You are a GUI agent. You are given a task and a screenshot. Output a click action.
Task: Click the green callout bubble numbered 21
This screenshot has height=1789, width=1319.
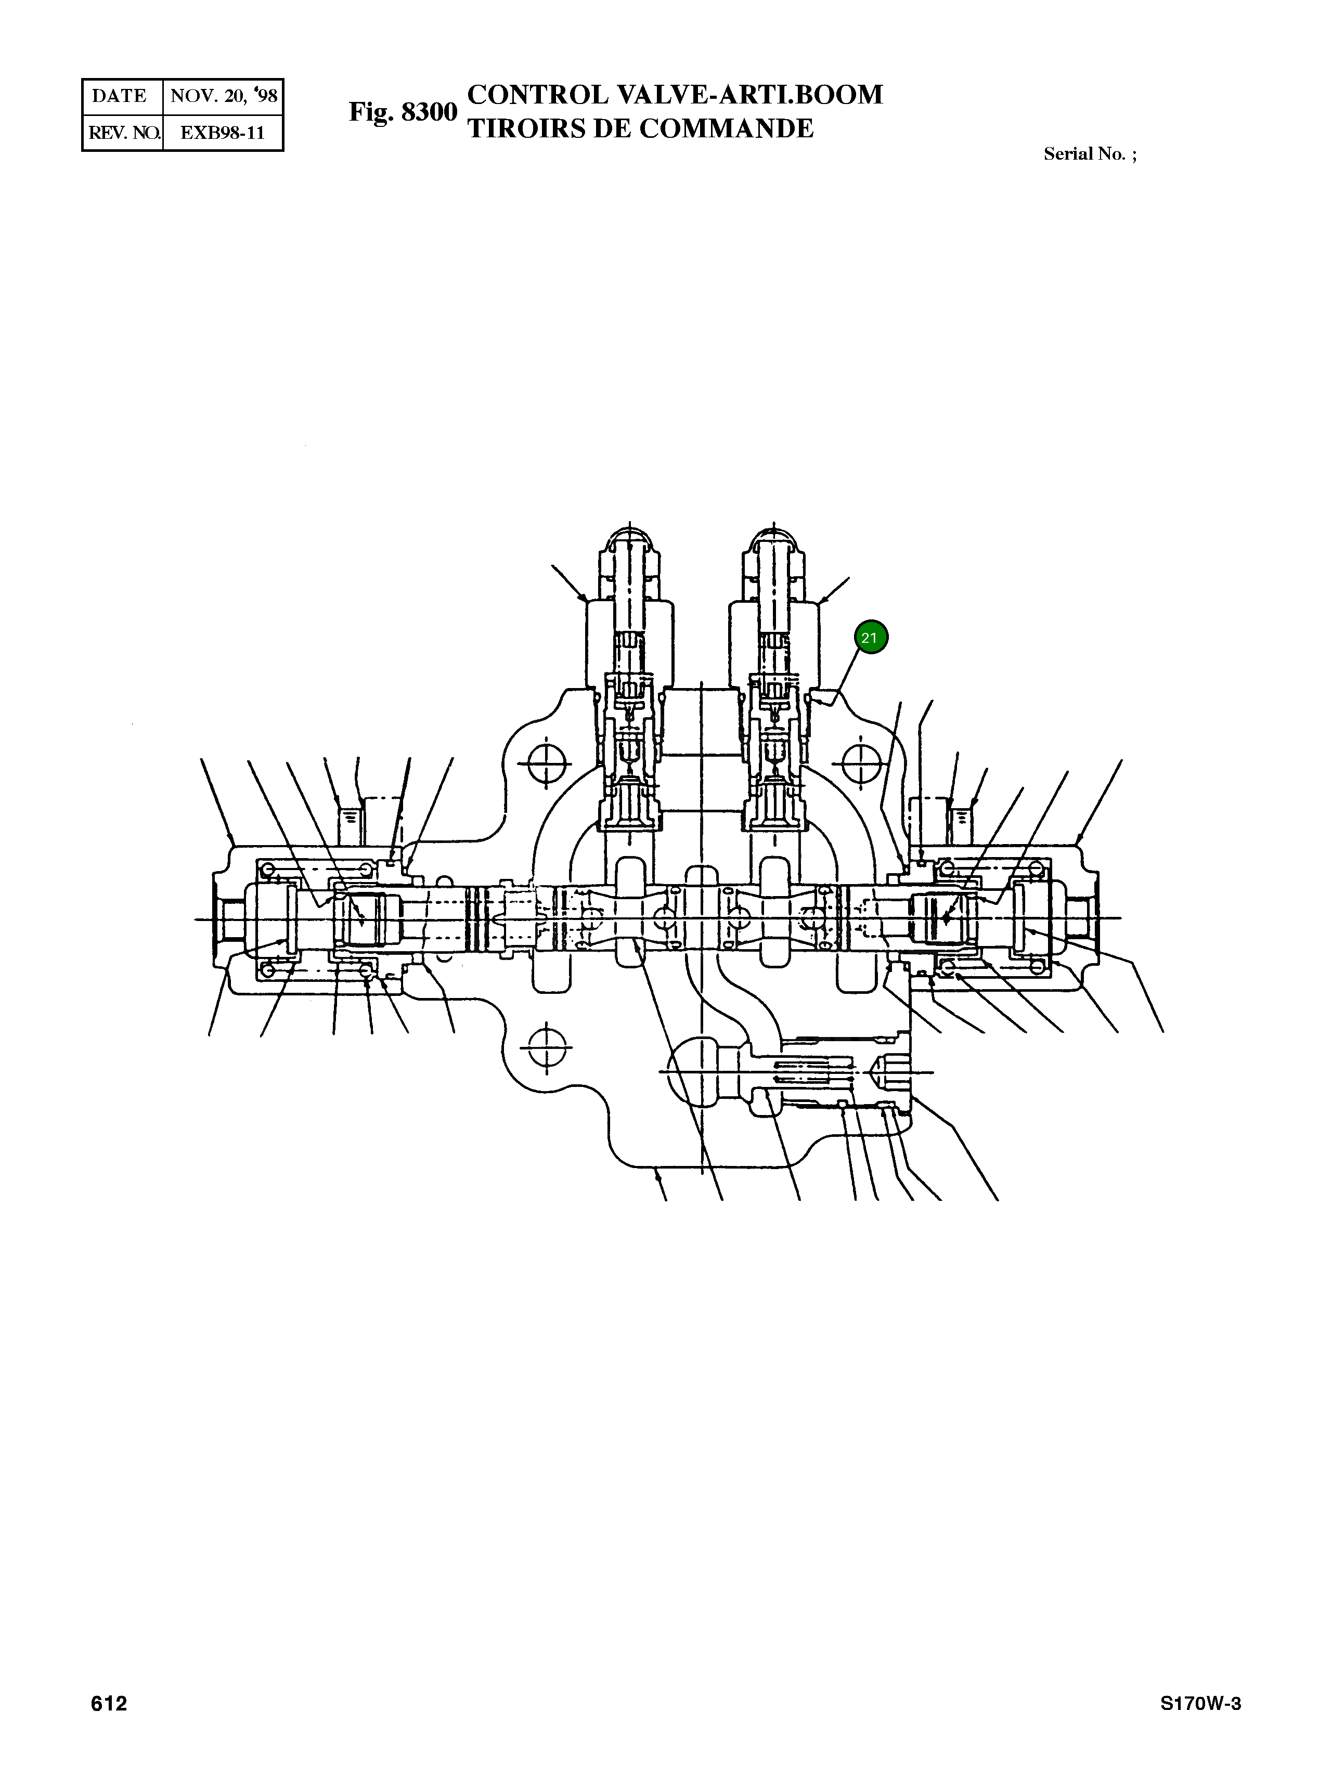870,638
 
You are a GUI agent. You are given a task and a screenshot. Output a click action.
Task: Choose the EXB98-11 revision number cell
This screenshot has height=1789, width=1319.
223,133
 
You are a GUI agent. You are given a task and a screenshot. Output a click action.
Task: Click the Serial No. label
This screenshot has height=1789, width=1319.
1090,154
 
